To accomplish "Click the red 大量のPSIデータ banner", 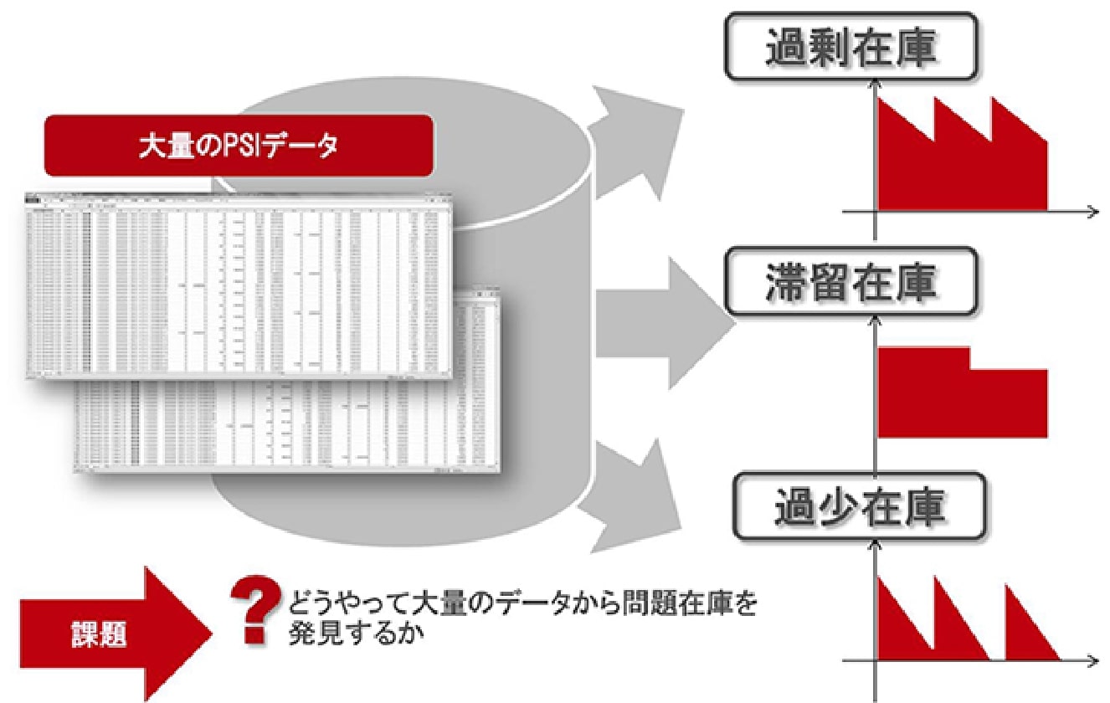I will [x=239, y=146].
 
